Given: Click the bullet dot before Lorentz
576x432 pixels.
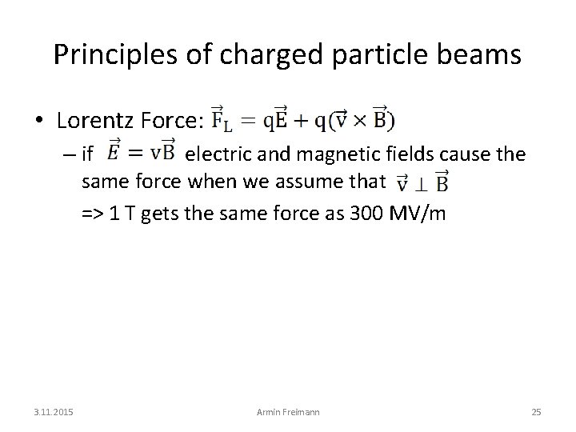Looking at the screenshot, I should pyautogui.click(x=39, y=121).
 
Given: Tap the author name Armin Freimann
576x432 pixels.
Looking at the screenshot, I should pyautogui.click(x=288, y=412).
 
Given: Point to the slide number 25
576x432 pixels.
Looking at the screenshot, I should pyautogui.click(x=536, y=412).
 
